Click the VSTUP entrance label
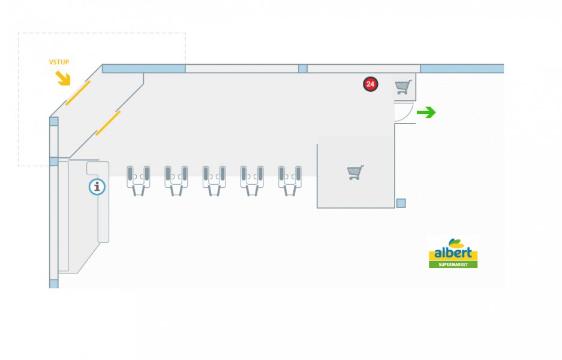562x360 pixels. (x=59, y=62)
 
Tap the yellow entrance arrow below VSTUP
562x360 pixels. (x=63, y=78)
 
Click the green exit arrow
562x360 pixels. (x=426, y=112)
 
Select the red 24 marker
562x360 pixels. (x=370, y=85)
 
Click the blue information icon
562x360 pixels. (x=97, y=187)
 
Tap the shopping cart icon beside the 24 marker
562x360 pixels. (x=404, y=88)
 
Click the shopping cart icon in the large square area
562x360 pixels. (x=355, y=173)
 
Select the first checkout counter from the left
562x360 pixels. (x=139, y=180)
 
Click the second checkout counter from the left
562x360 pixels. (x=176, y=180)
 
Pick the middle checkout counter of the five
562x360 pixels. (x=214, y=180)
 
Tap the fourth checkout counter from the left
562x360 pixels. (x=252, y=180)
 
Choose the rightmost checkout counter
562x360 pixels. (x=290, y=180)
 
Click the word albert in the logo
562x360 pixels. (x=453, y=253)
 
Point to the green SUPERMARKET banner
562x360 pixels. (x=453, y=264)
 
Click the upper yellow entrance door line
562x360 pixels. (x=78, y=93)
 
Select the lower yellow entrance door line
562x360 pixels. (x=108, y=123)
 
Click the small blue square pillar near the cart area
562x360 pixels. (x=401, y=203)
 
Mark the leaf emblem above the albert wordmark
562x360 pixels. (x=455, y=243)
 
